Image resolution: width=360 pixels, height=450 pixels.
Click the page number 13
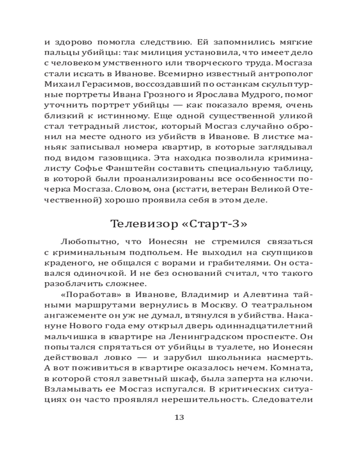(x=179, y=417)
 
